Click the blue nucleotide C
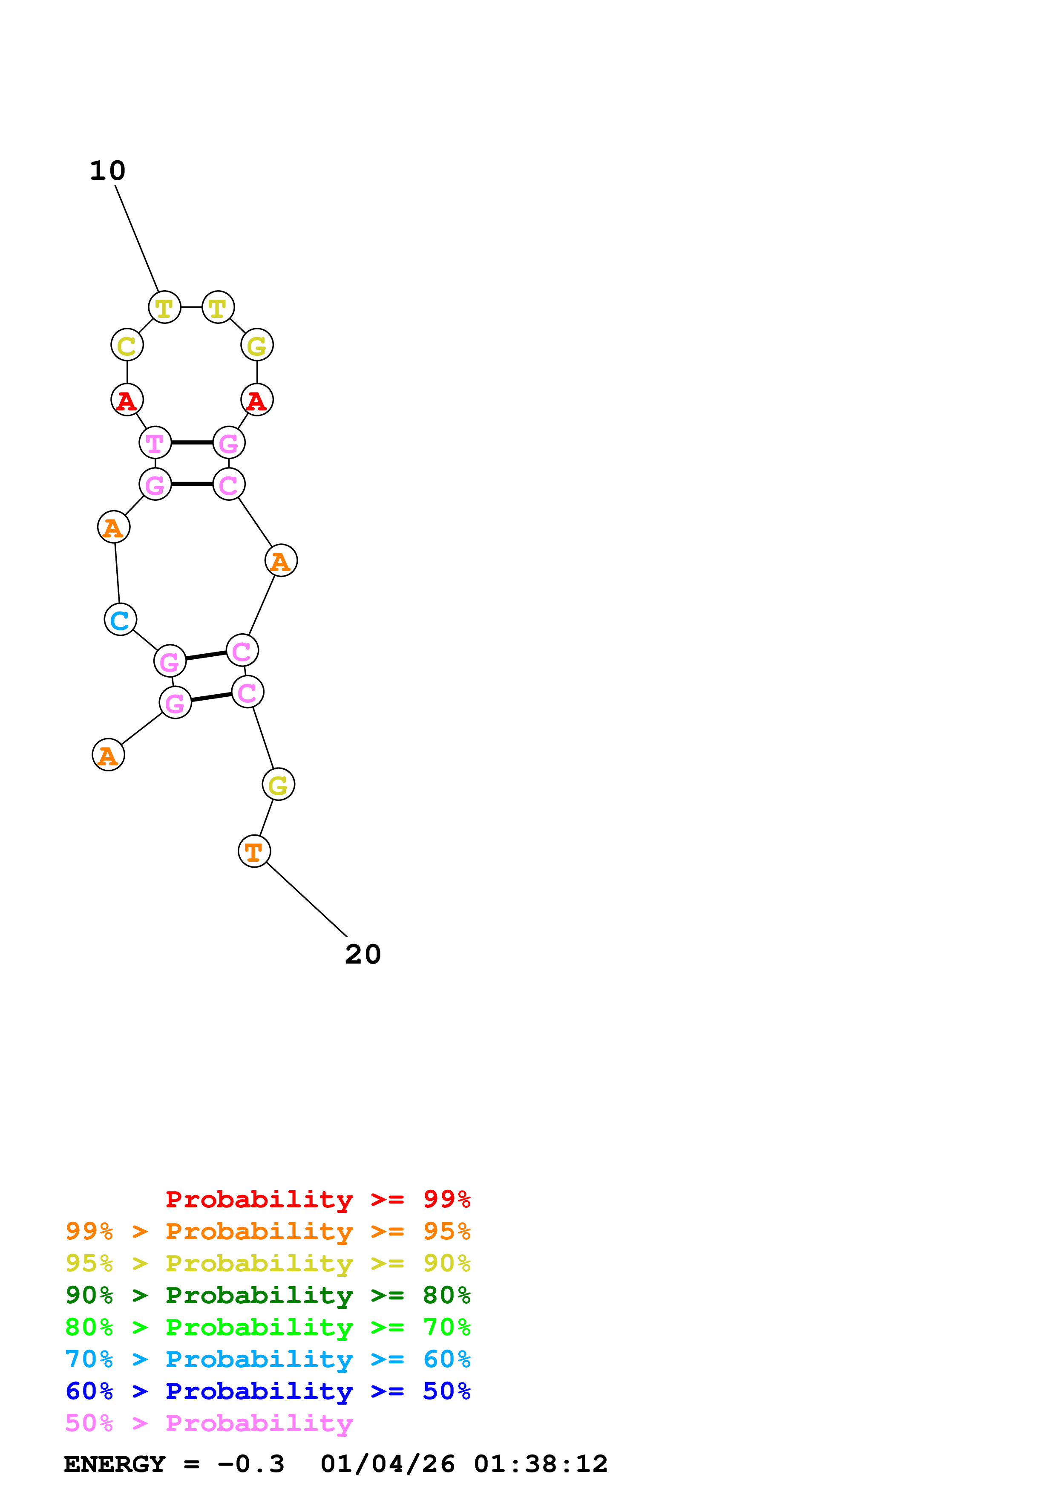[x=121, y=619]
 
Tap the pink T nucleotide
[x=155, y=443]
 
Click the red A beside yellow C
[x=127, y=400]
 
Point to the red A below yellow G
[x=257, y=400]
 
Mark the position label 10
[x=107, y=170]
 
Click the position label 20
[x=363, y=955]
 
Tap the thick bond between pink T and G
[x=192, y=443]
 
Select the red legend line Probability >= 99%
[x=318, y=1199]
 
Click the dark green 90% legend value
[x=89, y=1295]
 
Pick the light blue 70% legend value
[x=89, y=1359]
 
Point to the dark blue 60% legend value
[x=89, y=1391]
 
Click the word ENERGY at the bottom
[x=115, y=1464]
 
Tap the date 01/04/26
[x=388, y=1464]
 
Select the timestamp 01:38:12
[x=541, y=1464]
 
